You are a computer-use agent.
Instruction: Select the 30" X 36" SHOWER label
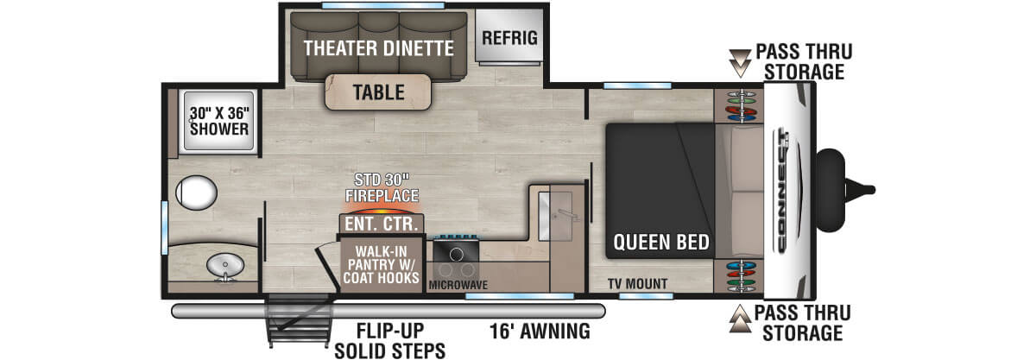[219, 120]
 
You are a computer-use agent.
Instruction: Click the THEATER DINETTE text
[379, 48]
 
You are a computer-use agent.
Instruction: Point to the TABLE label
[378, 92]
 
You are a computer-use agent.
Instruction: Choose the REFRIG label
[509, 38]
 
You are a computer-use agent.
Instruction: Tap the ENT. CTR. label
[380, 224]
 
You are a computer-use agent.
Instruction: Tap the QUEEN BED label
[661, 242]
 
